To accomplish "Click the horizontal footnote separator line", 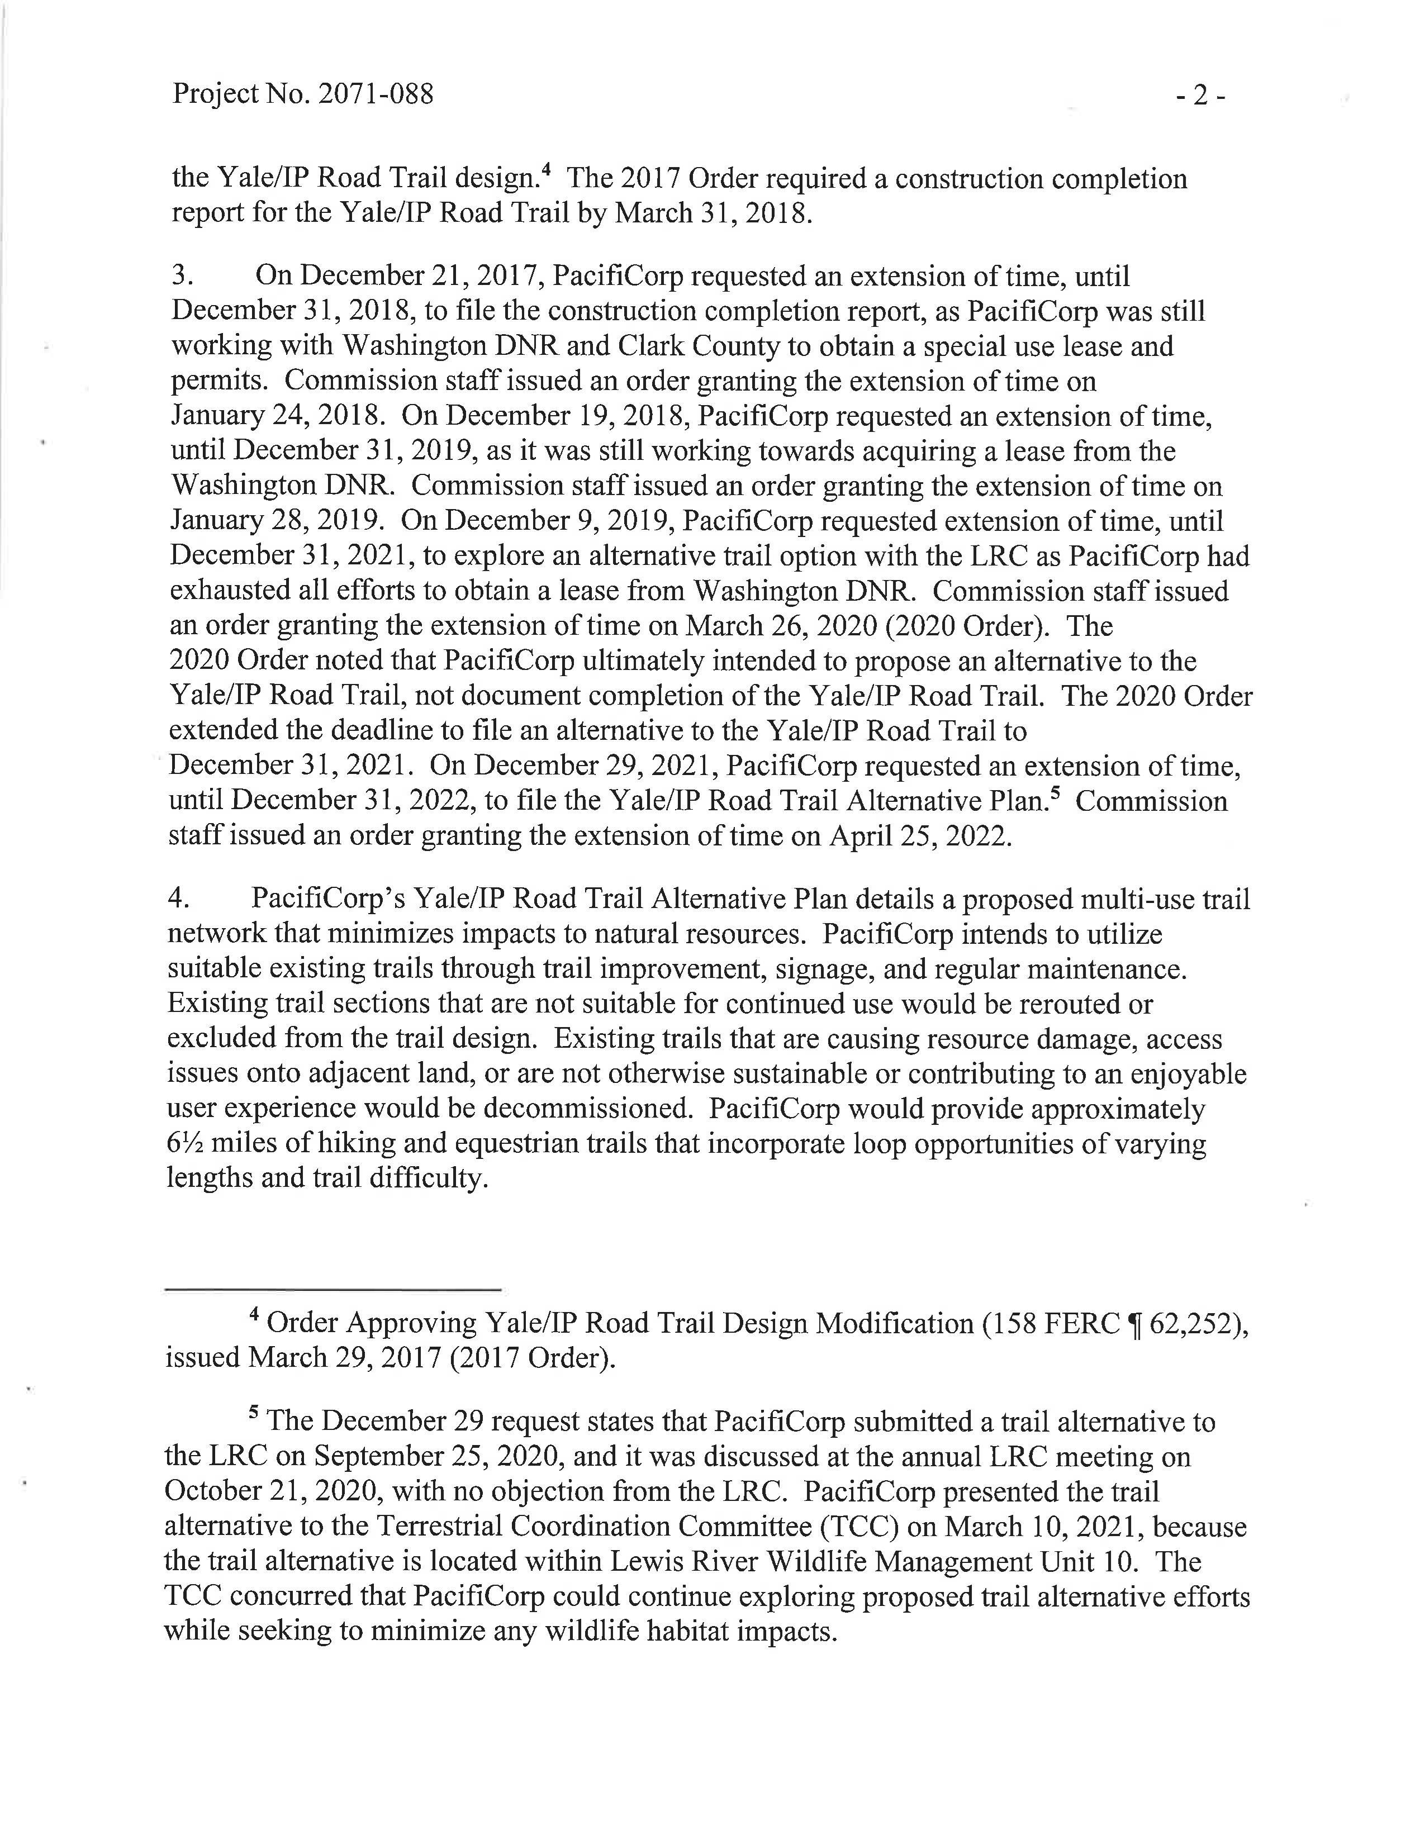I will click(334, 1289).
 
